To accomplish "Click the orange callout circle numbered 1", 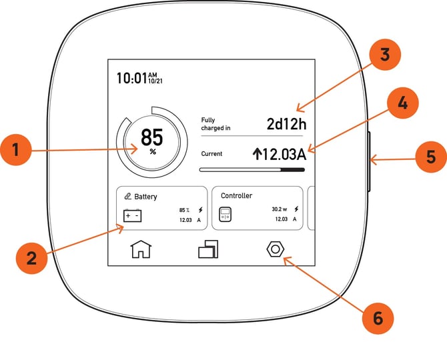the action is tap(16, 150).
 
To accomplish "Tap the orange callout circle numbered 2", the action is tap(31, 258).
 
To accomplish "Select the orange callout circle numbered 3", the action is tap(385, 55).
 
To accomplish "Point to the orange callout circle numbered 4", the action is tap(402, 103).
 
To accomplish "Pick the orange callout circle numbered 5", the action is tap(431, 157).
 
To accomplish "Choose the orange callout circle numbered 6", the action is tap(378, 318).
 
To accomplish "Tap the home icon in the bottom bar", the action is tap(141, 249).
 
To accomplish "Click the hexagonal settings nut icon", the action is tap(276, 249).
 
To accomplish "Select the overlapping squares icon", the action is tap(208, 249).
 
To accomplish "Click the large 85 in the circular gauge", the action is tap(152, 137).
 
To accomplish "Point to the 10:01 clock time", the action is tap(132, 78).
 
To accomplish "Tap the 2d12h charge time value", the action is tap(286, 124).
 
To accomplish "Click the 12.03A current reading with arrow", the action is tap(280, 154).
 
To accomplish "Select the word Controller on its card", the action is tap(237, 195).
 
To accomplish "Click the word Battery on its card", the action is tap(145, 197).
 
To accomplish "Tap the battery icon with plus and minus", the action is tap(132, 215).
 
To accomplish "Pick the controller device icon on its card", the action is tap(226, 215).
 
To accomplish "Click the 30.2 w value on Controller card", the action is tap(280, 209).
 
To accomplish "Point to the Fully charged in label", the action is tap(215, 124).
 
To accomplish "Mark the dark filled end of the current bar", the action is tap(293, 170).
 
